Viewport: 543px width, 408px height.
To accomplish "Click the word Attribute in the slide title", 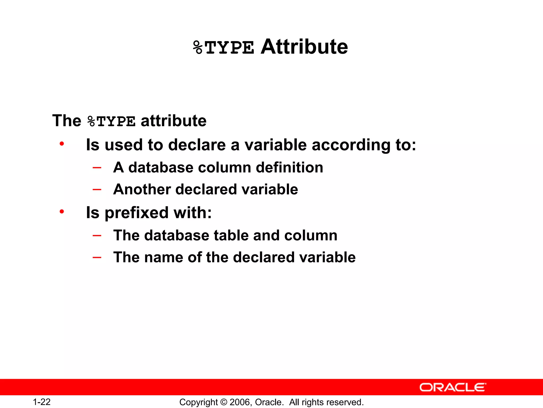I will pos(304,47).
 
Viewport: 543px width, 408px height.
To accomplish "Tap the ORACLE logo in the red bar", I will pos(453,388).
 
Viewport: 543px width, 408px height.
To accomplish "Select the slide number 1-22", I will pos(42,402).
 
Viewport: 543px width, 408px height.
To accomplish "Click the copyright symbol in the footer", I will pos(224,402).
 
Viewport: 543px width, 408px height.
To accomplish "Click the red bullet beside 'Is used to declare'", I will pos(62,144).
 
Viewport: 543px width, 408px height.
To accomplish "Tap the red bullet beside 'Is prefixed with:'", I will pos(62,212).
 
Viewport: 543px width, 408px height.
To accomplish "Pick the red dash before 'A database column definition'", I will pos(97,168).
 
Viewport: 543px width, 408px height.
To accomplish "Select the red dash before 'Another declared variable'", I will pos(97,189).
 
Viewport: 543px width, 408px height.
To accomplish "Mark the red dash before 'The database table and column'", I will pos(97,235).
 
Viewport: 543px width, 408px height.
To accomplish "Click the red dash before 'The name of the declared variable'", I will pos(97,257).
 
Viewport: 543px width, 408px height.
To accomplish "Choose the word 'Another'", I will pos(142,189).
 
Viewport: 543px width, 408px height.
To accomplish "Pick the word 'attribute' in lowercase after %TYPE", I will pos(173,121).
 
